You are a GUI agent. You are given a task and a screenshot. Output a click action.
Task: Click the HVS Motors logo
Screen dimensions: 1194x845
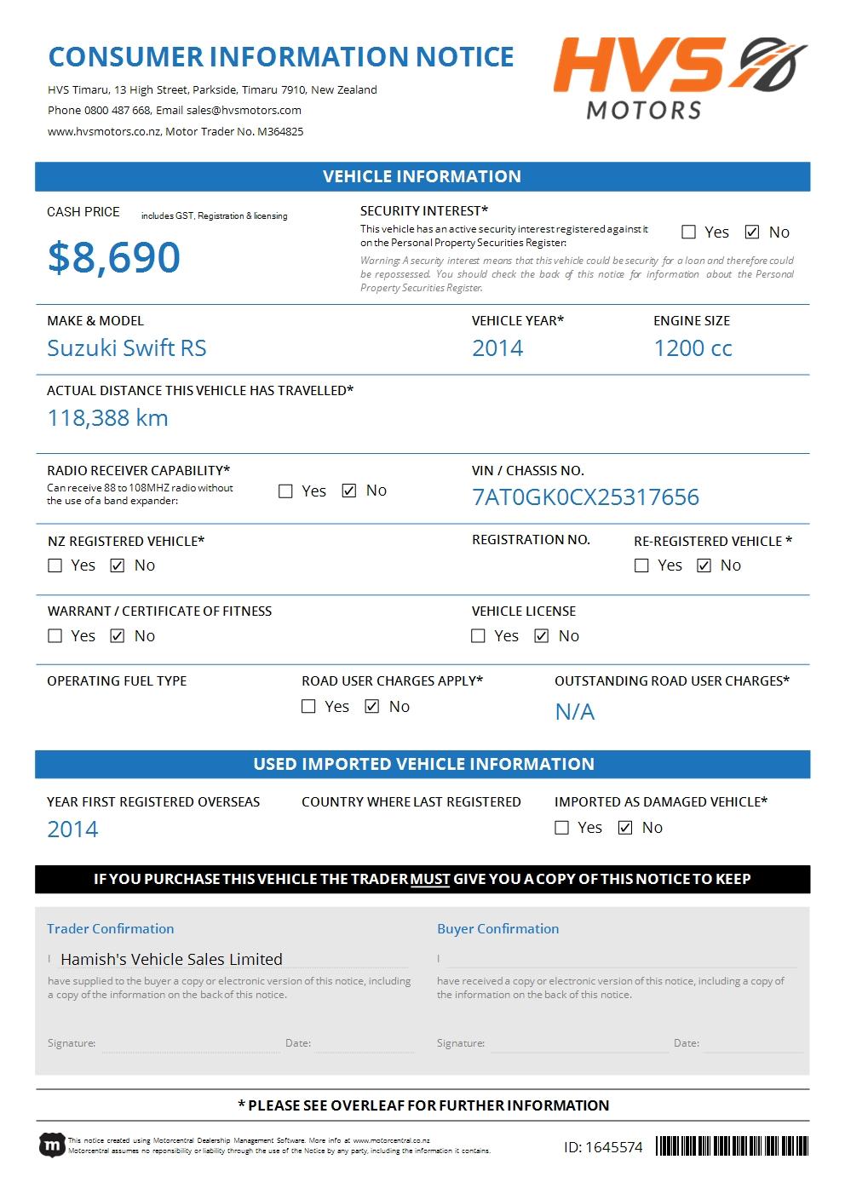(x=679, y=77)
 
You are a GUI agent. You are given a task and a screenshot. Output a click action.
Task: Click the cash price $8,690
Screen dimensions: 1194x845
(x=114, y=257)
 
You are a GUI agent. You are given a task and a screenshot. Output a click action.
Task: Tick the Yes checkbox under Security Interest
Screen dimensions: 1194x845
(x=689, y=232)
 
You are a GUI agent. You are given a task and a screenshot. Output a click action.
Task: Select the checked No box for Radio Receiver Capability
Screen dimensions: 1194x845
(x=349, y=491)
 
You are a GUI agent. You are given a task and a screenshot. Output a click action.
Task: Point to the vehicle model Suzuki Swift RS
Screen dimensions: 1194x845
(x=127, y=348)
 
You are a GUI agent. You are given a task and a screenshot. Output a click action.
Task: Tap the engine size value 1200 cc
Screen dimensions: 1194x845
(x=693, y=348)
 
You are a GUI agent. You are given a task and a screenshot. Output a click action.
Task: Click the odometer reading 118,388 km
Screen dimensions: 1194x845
(x=108, y=418)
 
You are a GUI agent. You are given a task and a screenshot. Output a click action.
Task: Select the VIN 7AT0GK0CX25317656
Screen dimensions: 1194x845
(x=585, y=497)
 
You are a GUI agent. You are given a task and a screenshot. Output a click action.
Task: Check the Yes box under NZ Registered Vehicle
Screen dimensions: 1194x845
(x=55, y=565)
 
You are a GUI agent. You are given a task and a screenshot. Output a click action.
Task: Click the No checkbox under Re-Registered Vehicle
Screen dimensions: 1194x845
(x=704, y=565)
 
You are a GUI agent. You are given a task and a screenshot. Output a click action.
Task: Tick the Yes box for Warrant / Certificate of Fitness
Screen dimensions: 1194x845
(x=55, y=636)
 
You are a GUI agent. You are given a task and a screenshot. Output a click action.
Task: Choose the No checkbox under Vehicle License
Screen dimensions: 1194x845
(x=542, y=636)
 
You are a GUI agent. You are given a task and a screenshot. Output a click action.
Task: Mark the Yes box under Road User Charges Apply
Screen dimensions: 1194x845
(x=309, y=707)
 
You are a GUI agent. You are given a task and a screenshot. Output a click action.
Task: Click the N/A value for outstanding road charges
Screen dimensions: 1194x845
(x=575, y=712)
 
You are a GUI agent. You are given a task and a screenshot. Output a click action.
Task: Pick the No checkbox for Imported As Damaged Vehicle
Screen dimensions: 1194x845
(x=625, y=828)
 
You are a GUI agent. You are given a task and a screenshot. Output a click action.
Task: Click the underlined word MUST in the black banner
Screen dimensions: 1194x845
(x=430, y=879)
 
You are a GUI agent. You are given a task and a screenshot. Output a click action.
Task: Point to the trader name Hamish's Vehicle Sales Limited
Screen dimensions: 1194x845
(x=171, y=959)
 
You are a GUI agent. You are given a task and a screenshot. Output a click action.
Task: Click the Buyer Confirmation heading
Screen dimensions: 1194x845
(x=498, y=929)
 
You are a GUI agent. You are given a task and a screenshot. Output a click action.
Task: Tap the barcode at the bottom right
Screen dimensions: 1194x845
(x=732, y=1146)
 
